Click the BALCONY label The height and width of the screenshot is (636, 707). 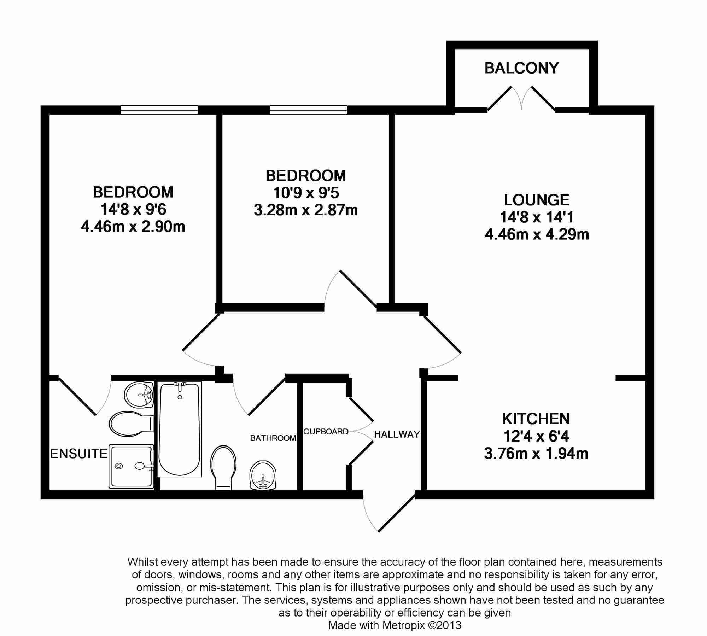521,68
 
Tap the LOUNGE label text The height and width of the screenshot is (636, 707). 537,200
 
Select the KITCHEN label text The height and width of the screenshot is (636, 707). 536,419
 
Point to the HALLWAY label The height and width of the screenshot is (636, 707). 397,434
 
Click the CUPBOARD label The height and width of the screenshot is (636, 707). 326,431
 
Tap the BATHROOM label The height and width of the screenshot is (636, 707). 273,438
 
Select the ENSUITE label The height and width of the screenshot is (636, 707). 79,454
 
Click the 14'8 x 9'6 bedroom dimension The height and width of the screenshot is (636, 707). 133,209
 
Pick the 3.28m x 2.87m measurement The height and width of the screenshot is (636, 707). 306,210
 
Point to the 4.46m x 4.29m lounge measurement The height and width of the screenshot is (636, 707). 537,234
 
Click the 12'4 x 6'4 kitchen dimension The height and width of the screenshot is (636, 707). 536,436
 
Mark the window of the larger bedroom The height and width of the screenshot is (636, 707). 159,110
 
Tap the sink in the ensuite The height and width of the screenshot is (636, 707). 139,395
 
